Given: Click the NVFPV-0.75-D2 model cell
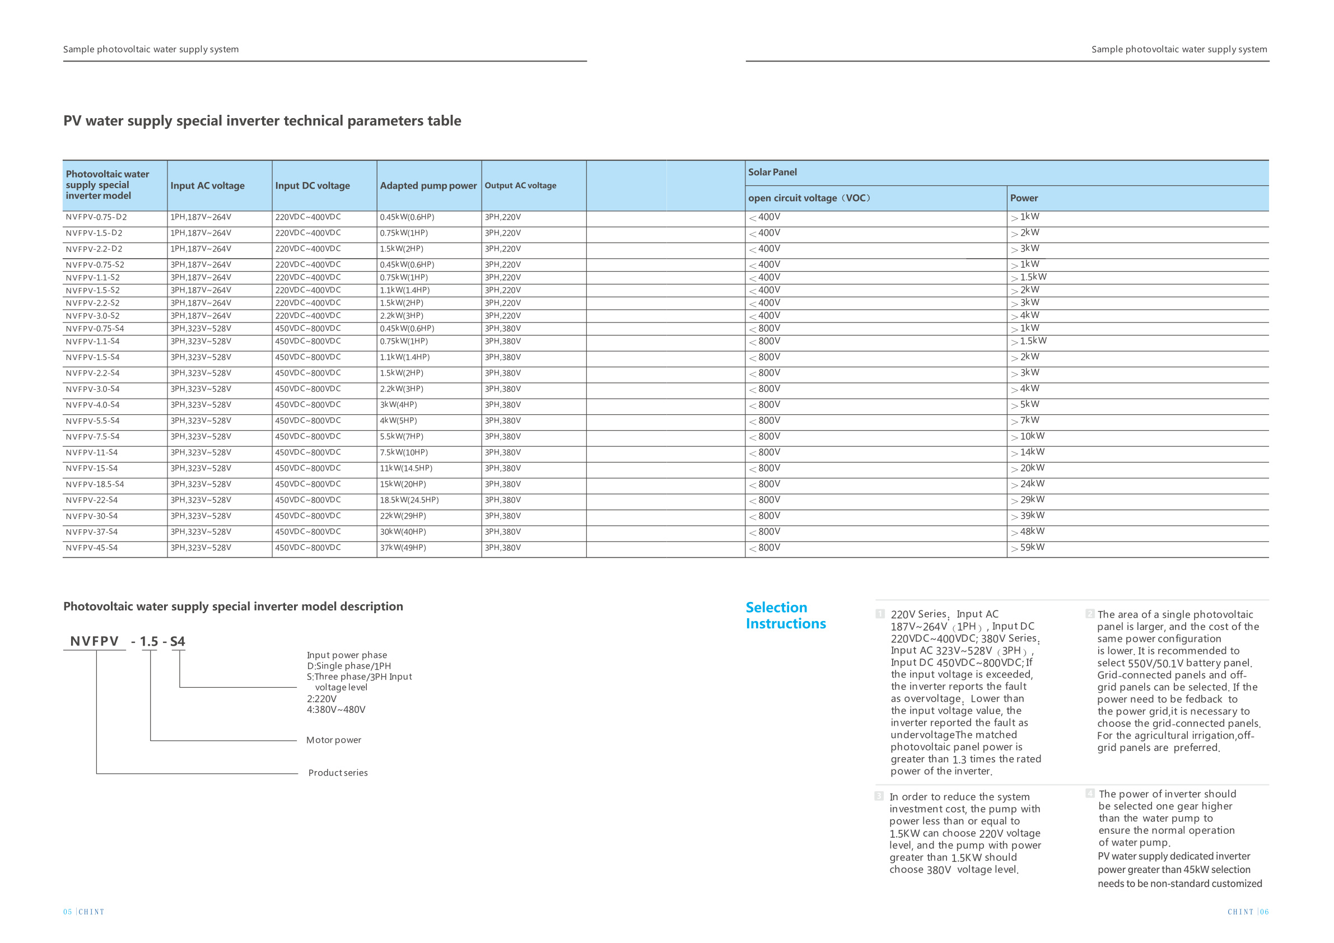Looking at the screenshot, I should (x=96, y=217).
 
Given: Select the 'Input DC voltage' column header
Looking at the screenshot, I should (x=312, y=186).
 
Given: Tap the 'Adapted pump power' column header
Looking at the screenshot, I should (x=428, y=186).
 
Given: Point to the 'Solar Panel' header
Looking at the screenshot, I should (x=772, y=172).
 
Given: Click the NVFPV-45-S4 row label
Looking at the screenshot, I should (x=91, y=548).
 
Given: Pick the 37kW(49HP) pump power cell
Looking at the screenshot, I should (x=403, y=548).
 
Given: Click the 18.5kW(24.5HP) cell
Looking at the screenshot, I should (x=409, y=500).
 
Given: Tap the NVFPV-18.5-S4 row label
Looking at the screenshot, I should (x=95, y=484).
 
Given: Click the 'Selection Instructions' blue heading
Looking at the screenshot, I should (x=786, y=616).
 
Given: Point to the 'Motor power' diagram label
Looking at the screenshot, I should (x=334, y=740).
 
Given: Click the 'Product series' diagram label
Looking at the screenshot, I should (x=338, y=773).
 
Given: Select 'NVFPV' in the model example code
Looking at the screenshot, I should (x=94, y=641).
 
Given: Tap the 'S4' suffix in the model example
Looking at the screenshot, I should (x=177, y=641).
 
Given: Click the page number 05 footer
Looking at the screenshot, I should (x=67, y=912).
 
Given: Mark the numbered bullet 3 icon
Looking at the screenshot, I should (x=879, y=796).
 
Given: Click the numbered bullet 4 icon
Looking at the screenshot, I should (x=1090, y=793).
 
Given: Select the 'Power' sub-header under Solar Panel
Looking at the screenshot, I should (x=1023, y=198).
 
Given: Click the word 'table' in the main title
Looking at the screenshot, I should (x=444, y=121).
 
